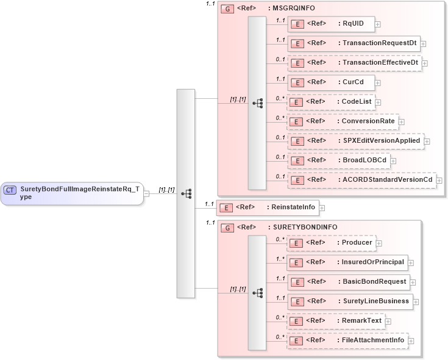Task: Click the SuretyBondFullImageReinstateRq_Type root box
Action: (x=72, y=193)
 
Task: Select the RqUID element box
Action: (x=330, y=24)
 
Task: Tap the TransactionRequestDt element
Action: (x=353, y=43)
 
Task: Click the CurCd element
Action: (x=330, y=82)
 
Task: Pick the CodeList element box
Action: (x=330, y=102)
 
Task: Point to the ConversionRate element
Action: (x=342, y=121)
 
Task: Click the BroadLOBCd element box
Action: (x=338, y=160)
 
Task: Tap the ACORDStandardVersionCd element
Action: (x=361, y=180)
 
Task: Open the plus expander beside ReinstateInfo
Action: (x=322, y=207)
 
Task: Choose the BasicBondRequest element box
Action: (x=347, y=282)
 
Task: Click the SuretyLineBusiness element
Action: (x=350, y=301)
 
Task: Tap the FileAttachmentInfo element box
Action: (x=347, y=340)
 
